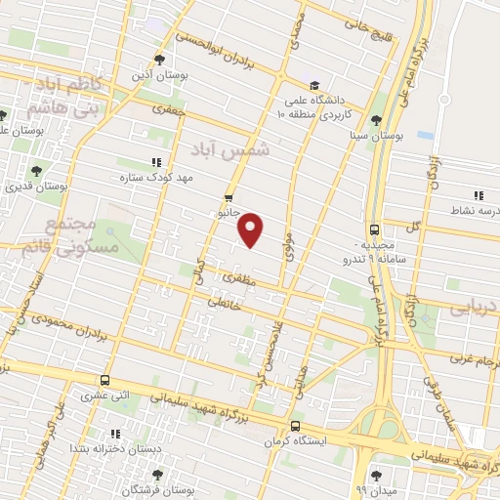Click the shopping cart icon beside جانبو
point(229,195)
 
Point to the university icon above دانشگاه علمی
point(315,85)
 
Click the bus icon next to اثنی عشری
point(104,381)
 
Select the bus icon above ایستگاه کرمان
point(295,426)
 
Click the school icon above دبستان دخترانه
point(116,433)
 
